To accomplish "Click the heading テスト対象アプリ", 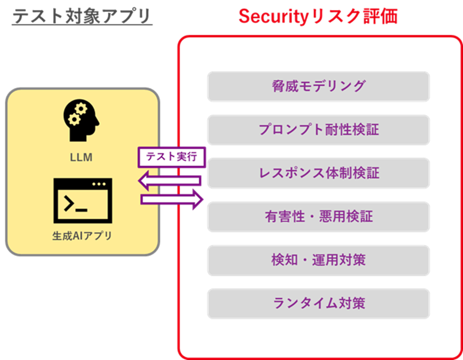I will pyautogui.click(x=82, y=16).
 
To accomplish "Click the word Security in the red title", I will pyautogui.click(x=272, y=16).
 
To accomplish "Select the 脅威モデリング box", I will pyautogui.click(x=318, y=86).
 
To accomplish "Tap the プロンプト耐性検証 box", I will pyautogui.click(x=318, y=130).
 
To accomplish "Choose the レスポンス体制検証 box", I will pyautogui.click(x=318, y=173).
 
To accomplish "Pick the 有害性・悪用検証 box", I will pyautogui.click(x=318, y=216).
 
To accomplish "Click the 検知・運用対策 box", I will pyautogui.click(x=318, y=260).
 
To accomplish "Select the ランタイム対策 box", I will pyautogui.click(x=318, y=303).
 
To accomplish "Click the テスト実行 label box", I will pyautogui.click(x=172, y=157).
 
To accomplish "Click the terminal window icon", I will pyautogui.click(x=82, y=200).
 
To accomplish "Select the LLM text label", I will pyautogui.click(x=82, y=158).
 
